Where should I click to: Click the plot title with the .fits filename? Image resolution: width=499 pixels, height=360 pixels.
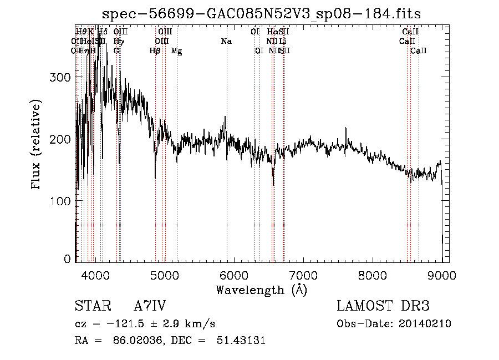coord(262,14)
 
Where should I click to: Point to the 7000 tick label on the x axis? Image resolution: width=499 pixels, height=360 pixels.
coord(303,275)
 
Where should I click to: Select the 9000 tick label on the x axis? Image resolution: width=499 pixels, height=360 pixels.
coord(442,275)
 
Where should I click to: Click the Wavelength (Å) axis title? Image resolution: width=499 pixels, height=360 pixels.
coord(261,290)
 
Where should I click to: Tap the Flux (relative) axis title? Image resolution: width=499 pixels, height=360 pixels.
coord(37,145)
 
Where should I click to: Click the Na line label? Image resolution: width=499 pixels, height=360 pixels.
coord(226,42)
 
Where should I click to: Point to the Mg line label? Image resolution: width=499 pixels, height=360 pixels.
coord(176,51)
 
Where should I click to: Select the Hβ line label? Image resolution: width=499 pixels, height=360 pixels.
coord(155,51)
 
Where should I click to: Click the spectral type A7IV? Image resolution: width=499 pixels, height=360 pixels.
coord(150,306)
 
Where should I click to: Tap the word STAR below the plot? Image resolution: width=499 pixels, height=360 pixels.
coord(91,306)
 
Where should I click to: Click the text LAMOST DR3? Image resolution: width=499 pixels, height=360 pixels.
coord(383,306)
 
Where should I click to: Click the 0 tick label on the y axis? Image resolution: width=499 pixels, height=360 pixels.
coord(68,259)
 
